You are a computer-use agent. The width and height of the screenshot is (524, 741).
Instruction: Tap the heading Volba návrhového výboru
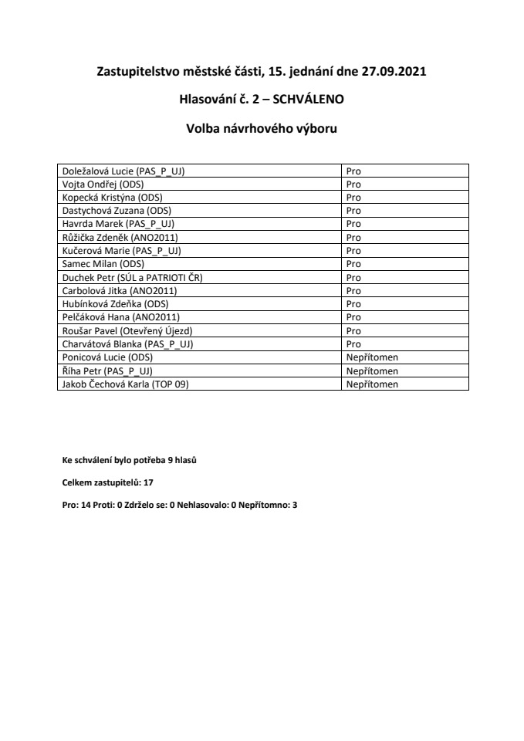tap(262, 128)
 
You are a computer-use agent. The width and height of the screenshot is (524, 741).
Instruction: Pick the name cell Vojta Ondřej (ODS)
tap(102, 184)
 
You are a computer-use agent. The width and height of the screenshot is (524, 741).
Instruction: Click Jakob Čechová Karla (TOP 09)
tap(124, 384)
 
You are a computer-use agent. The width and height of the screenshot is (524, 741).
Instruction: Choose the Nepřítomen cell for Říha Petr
tap(372, 370)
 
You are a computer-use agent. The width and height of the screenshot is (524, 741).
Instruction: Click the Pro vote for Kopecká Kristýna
tap(353, 198)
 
